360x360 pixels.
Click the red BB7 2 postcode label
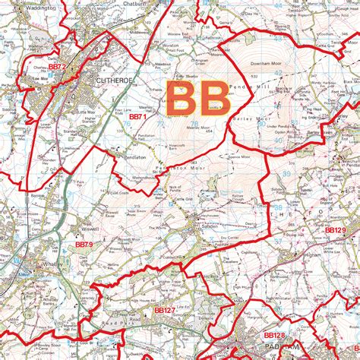[58, 67]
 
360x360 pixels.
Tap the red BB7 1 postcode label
[137, 117]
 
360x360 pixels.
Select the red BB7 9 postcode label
[84, 245]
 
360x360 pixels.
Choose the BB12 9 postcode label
[335, 229]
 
